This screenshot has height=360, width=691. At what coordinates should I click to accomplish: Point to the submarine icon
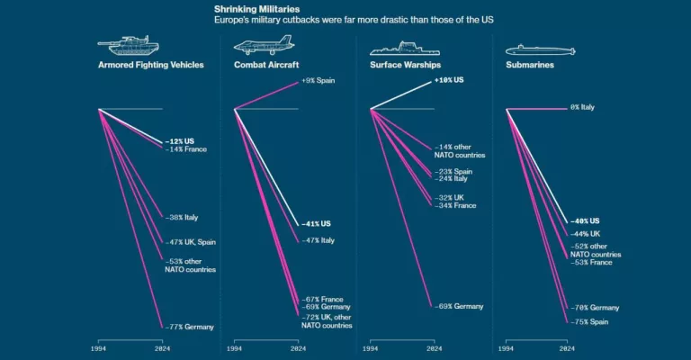click(x=535, y=49)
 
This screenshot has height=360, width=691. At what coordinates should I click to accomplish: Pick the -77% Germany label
click(x=188, y=327)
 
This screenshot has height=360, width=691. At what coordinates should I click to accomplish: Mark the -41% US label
click(x=315, y=224)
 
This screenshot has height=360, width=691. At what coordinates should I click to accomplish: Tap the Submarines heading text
click(x=529, y=65)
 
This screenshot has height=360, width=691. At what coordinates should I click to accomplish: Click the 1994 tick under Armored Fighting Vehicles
click(x=100, y=348)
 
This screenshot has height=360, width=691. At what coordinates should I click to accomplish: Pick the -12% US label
click(x=179, y=141)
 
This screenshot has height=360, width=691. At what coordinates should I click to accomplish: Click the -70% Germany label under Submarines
click(x=594, y=308)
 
